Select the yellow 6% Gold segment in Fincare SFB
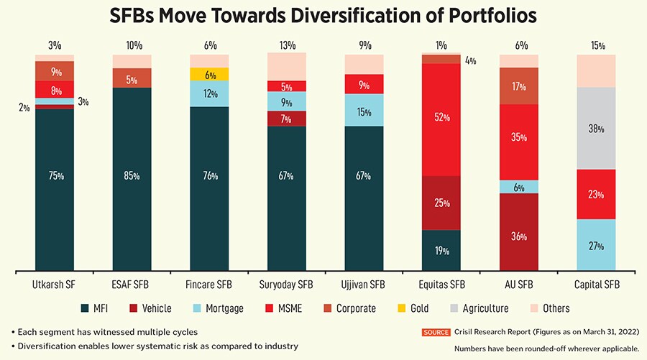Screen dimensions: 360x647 tap(209, 74)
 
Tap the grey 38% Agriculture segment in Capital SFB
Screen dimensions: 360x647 tap(596, 129)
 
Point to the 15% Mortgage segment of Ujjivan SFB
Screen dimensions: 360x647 tap(364, 110)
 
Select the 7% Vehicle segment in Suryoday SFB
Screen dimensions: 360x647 tap(287, 119)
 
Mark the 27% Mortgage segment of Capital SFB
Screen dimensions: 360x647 tap(596, 245)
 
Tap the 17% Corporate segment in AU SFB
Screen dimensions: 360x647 tap(519, 86)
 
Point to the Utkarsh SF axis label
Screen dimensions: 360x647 tap(55, 285)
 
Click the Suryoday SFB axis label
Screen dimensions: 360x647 tap(287, 285)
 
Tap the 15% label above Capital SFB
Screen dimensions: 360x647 tap(596, 45)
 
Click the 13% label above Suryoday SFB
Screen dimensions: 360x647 tap(287, 45)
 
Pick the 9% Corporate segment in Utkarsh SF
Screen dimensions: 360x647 tap(55, 71)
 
